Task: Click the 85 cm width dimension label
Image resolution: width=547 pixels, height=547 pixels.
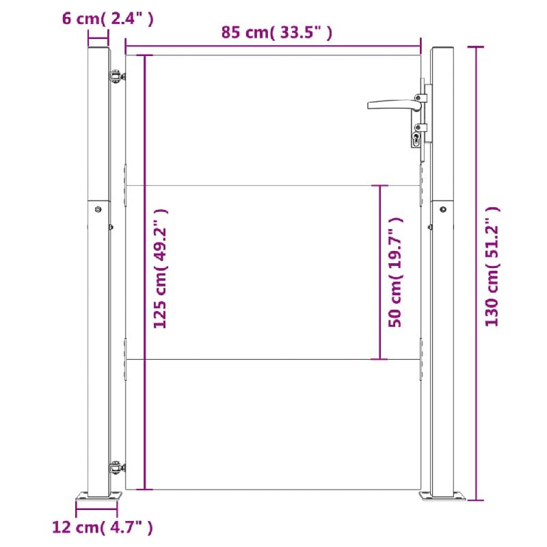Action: (276, 32)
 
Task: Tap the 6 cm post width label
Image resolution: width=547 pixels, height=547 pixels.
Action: (107, 19)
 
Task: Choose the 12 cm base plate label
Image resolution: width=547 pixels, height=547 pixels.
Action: (102, 526)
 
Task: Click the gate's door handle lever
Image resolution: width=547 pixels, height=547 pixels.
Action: (391, 105)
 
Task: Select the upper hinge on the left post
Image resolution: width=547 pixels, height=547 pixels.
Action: (116, 77)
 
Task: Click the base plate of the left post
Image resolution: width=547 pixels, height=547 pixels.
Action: (97, 496)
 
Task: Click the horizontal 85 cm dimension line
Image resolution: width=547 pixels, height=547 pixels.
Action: (273, 49)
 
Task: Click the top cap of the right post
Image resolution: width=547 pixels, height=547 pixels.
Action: (443, 50)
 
